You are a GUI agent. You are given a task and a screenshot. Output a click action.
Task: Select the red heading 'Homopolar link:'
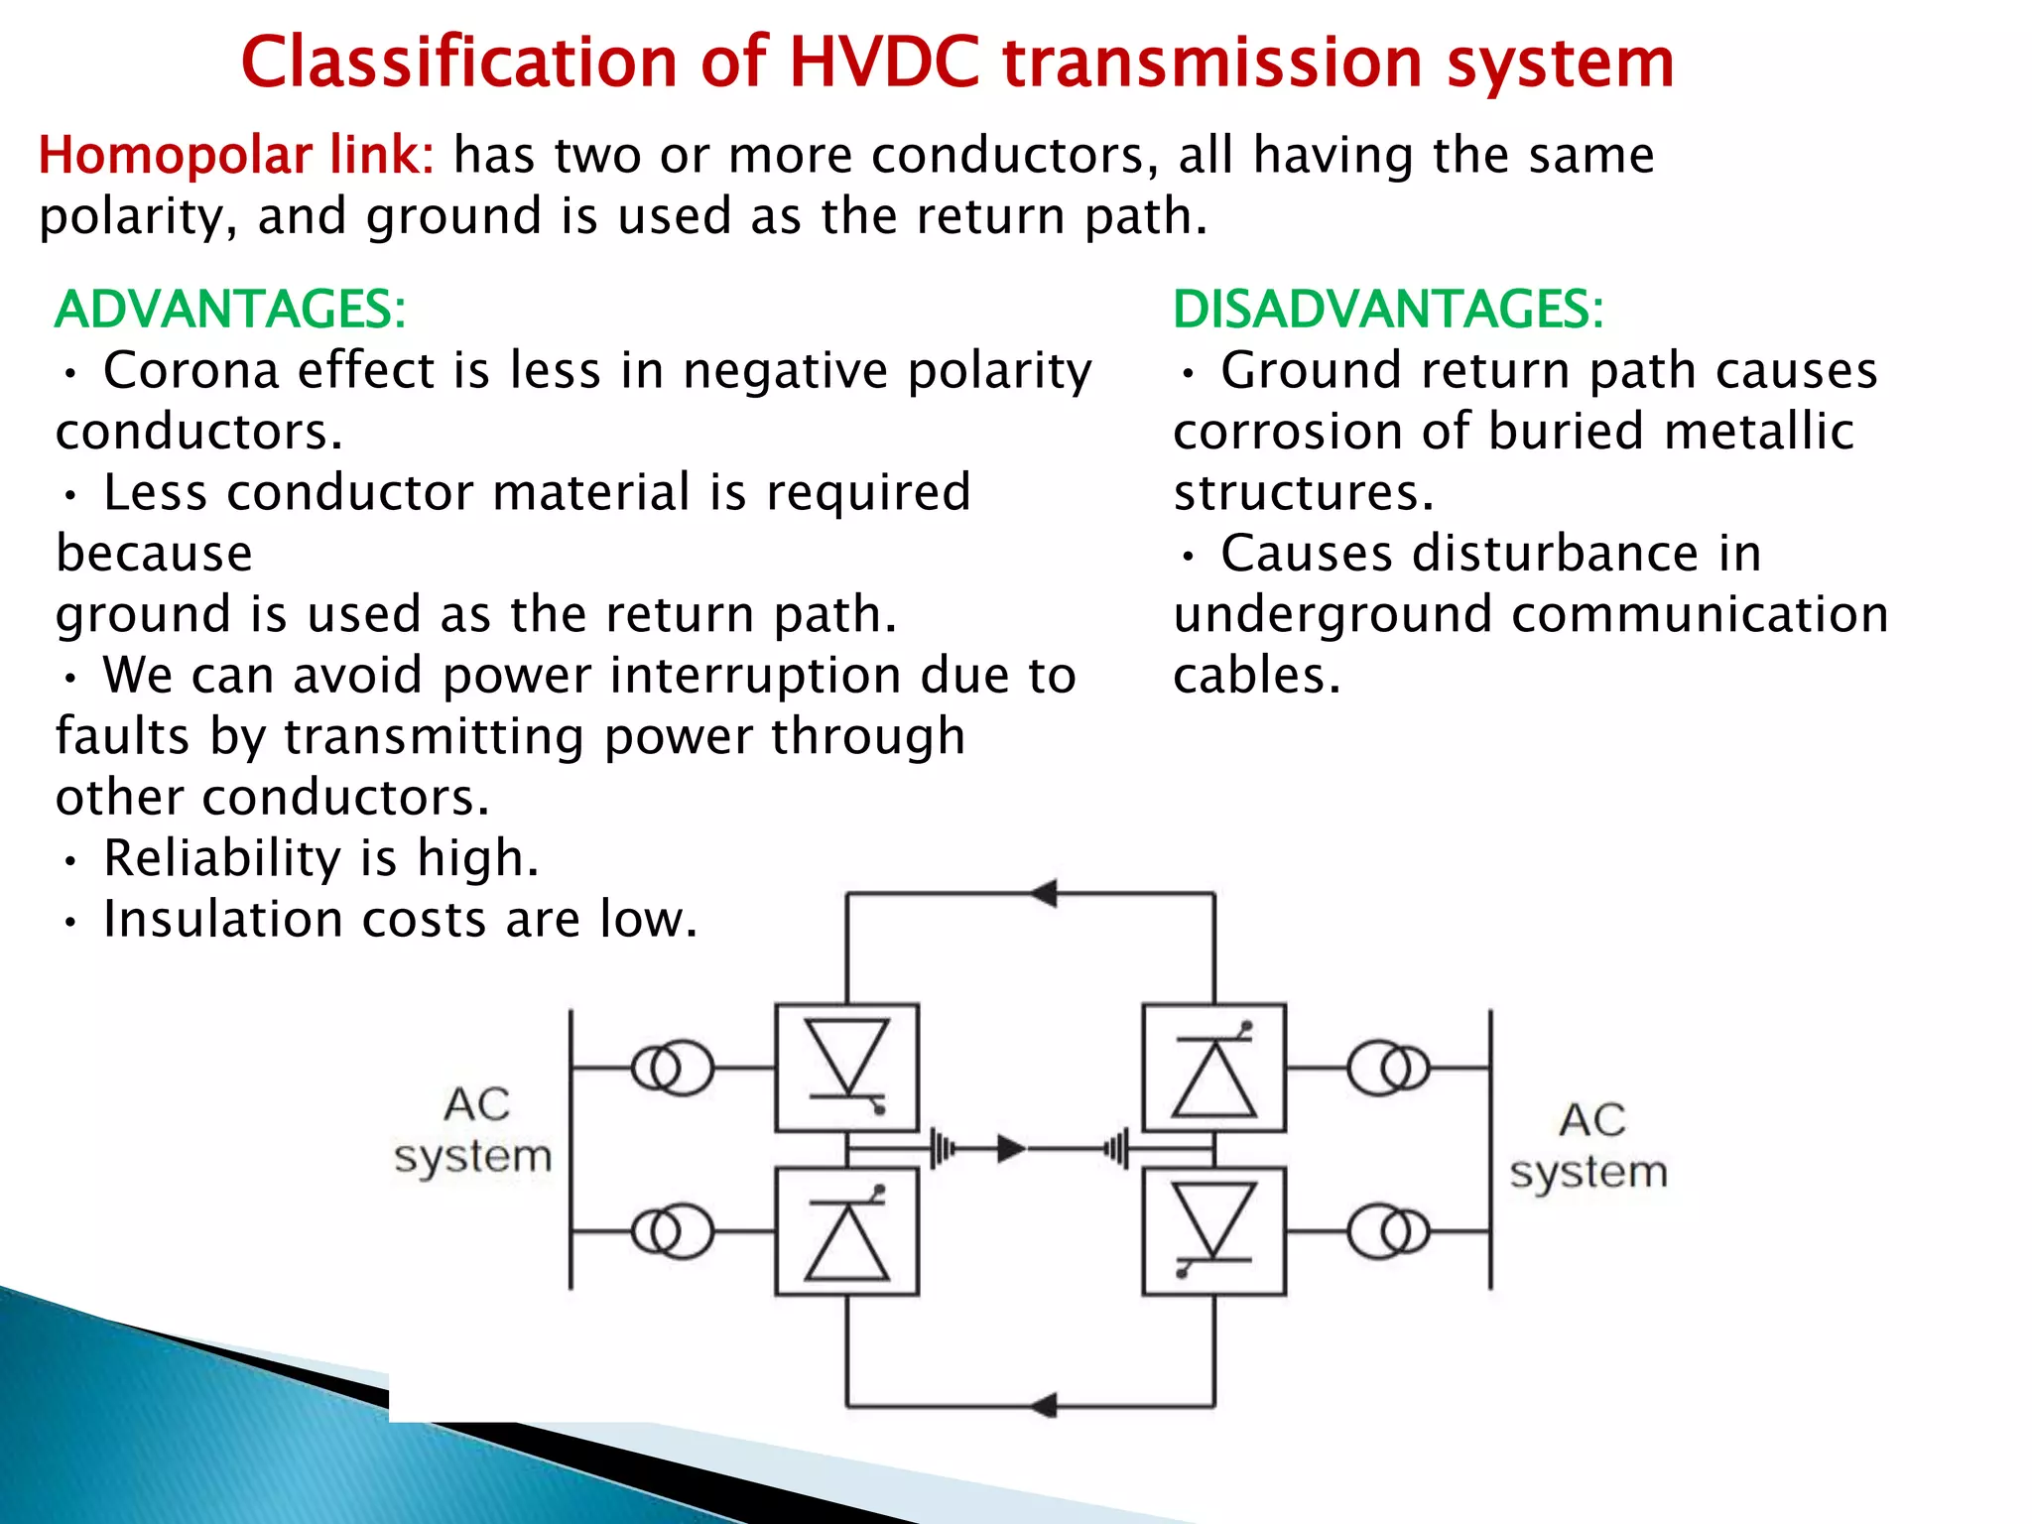click(x=236, y=156)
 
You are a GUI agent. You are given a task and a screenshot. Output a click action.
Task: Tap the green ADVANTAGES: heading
click(x=230, y=309)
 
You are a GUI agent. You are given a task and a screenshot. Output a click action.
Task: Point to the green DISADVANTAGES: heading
click(x=1388, y=309)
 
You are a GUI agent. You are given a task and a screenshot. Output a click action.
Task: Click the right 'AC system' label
click(x=1588, y=1146)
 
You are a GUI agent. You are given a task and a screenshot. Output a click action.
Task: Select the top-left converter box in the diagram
click(x=846, y=1068)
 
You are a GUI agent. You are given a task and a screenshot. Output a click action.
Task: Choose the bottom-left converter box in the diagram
click(x=846, y=1231)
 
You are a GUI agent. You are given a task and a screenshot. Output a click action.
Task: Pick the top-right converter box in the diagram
click(x=1213, y=1068)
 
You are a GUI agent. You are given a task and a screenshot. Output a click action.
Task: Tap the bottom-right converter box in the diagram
click(x=1213, y=1231)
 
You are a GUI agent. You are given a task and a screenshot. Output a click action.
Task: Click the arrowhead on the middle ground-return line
click(x=1011, y=1149)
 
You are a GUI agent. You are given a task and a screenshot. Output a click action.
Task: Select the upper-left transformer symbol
click(x=673, y=1068)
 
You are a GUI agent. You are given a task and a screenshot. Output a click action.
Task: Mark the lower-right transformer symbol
click(x=1389, y=1231)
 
